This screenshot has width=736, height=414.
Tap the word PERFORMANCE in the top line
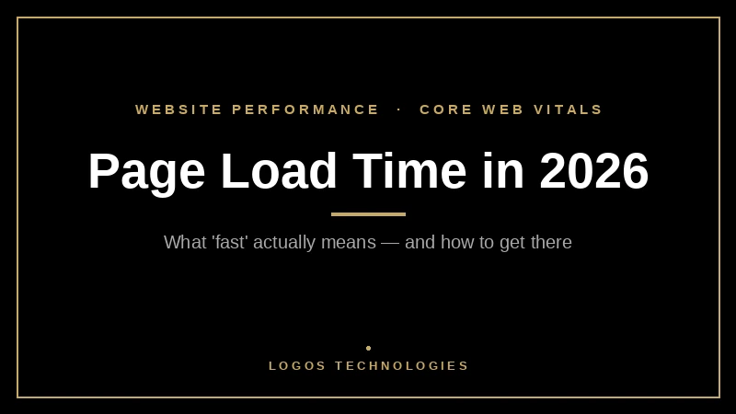tap(305, 109)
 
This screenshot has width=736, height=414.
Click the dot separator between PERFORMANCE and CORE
tap(399, 109)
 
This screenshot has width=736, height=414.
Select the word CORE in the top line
tap(446, 109)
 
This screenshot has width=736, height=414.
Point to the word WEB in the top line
tap(503, 109)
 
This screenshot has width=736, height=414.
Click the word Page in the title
tap(146, 172)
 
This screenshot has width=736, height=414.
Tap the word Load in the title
tap(279, 172)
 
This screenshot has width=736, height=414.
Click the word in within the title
tap(502, 172)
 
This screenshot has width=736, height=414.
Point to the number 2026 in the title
tap(593, 172)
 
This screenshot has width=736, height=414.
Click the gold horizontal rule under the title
tap(368, 214)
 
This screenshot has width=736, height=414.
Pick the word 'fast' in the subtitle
tap(229, 243)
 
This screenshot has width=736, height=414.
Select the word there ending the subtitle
tap(550, 243)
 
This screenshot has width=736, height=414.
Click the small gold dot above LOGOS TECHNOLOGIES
tap(368, 348)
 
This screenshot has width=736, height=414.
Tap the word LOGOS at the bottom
tap(297, 366)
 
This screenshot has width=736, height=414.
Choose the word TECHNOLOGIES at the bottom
tap(402, 366)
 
